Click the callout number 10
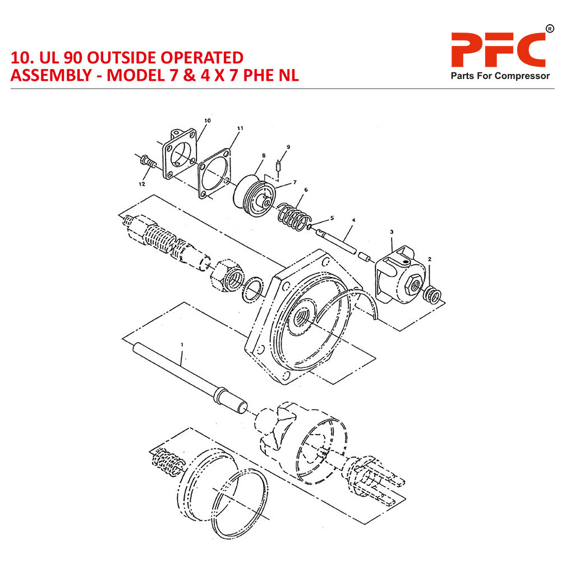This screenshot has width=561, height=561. tap(208, 121)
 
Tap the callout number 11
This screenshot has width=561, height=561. tap(240, 128)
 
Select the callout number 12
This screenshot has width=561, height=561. tap(142, 184)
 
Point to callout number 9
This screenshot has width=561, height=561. tap(288, 147)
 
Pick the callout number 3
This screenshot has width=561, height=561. tap(391, 232)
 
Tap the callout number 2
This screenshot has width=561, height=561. tap(429, 259)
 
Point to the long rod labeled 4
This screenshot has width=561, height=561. tap(342, 242)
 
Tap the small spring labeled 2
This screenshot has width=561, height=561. tap(434, 293)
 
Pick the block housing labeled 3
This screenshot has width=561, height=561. tap(401, 275)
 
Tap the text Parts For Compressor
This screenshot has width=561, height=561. tap(500, 76)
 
